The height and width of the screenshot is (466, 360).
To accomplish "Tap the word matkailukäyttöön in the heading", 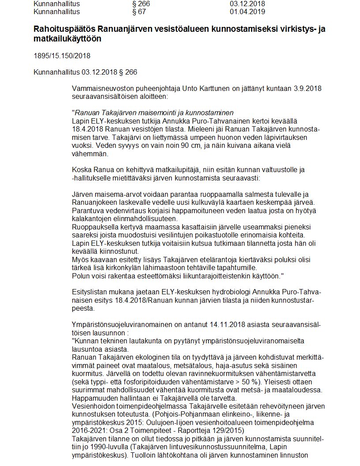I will click(67, 39).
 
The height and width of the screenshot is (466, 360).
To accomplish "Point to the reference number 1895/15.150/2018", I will click(61, 56).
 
